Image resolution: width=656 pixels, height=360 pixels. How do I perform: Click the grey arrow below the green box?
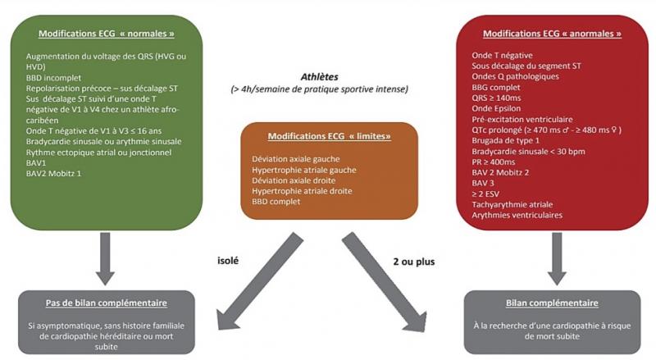pyautogui.click(x=106, y=256)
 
